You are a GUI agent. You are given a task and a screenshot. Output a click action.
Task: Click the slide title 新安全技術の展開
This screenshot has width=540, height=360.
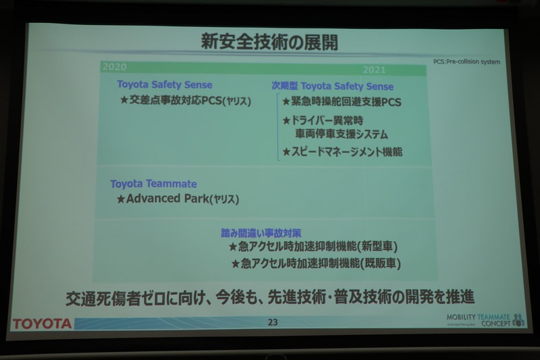(x=269, y=43)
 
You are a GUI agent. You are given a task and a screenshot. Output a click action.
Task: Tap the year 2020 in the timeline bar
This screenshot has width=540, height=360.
(x=115, y=67)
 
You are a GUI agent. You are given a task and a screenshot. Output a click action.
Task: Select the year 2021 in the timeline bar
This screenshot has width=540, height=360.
(x=375, y=70)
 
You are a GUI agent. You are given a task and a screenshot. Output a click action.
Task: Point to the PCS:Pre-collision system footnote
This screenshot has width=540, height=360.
(x=466, y=61)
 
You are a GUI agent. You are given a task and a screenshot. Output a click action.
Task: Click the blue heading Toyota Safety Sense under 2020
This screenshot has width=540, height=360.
(x=165, y=85)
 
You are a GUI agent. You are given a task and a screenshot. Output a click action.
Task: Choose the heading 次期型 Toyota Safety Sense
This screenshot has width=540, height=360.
(x=332, y=86)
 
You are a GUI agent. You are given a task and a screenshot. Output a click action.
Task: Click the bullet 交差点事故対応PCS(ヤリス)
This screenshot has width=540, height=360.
(x=186, y=101)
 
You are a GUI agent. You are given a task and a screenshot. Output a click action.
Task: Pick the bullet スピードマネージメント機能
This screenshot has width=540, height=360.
(x=342, y=152)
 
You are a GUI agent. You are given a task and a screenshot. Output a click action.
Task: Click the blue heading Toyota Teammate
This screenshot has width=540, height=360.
(x=154, y=184)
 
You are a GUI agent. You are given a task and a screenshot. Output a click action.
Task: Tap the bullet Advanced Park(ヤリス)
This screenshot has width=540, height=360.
(x=178, y=199)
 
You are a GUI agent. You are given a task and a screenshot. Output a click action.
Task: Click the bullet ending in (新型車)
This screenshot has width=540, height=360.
(x=316, y=247)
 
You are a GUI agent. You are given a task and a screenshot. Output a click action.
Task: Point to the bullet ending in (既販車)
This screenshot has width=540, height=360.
(x=317, y=264)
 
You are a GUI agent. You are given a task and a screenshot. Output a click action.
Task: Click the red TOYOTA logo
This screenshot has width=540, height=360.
(x=42, y=324)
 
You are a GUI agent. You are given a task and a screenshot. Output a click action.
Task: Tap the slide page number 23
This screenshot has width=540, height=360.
(x=272, y=322)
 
